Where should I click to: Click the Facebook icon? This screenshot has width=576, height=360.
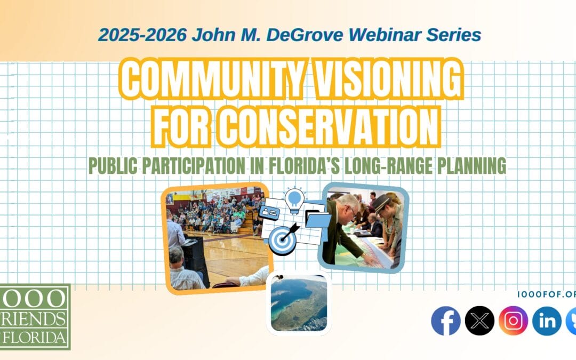[445, 321]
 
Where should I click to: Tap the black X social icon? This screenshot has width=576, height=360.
[479, 321]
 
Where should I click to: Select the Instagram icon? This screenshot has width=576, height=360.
[513, 321]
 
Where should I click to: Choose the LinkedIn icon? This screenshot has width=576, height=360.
[547, 321]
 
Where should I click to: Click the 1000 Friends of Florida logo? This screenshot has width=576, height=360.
[35, 317]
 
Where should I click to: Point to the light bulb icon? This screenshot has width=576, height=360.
[294, 200]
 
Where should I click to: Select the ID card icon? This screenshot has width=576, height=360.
[269, 212]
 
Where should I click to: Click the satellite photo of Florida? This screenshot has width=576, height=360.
[299, 303]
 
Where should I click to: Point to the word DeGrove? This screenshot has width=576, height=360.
[305, 35]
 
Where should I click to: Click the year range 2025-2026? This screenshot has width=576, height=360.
[142, 35]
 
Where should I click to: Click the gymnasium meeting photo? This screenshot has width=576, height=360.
[217, 238]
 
